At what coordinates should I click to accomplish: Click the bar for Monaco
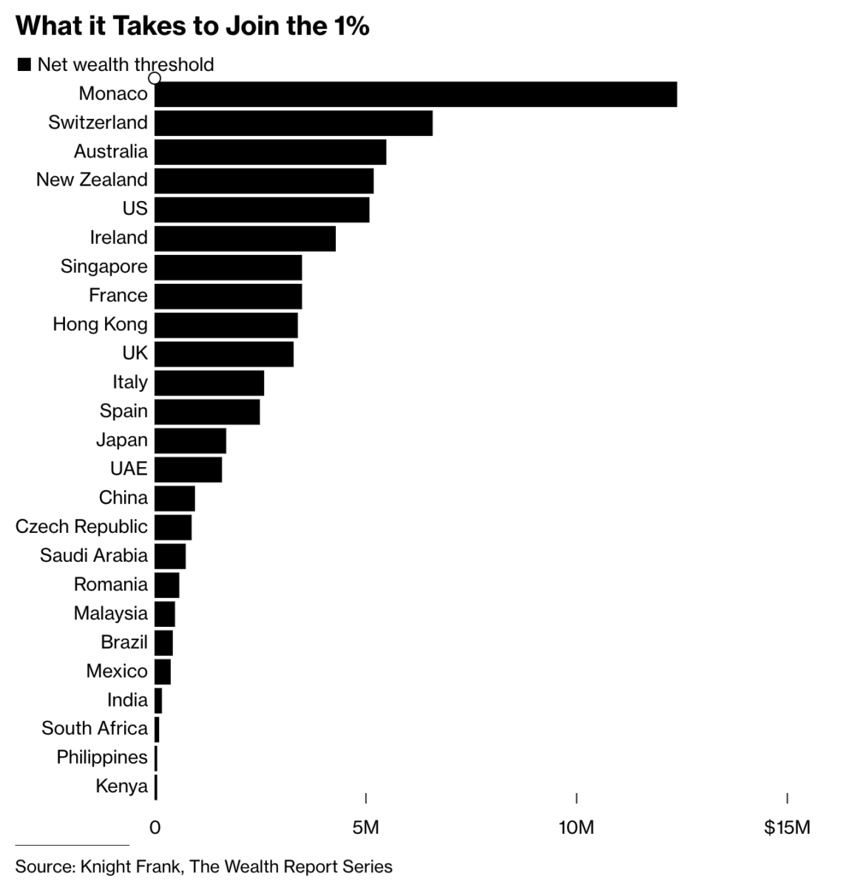pyautogui.click(x=416, y=94)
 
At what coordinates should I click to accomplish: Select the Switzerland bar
pyautogui.click(x=294, y=123)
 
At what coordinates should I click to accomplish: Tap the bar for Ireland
pyautogui.click(x=245, y=238)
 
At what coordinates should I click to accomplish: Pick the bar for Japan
pyautogui.click(x=190, y=441)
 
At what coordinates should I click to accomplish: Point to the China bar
pyautogui.click(x=175, y=498)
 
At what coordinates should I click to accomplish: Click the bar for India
pyautogui.click(x=158, y=700)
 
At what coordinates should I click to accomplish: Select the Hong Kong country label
pyautogui.click(x=100, y=324)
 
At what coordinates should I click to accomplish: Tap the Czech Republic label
pyautogui.click(x=81, y=527)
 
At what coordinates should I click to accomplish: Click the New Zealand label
pyautogui.click(x=92, y=180)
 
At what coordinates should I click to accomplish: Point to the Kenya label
pyautogui.click(x=121, y=786)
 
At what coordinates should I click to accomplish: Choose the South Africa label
pyautogui.click(x=95, y=729)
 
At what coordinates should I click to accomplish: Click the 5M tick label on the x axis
pyautogui.click(x=365, y=827)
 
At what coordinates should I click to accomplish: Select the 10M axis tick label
pyautogui.click(x=576, y=827)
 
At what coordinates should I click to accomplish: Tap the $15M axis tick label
pyautogui.click(x=787, y=827)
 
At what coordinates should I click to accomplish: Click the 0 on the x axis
pyautogui.click(x=155, y=827)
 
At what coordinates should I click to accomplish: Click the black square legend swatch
pyautogui.click(x=24, y=65)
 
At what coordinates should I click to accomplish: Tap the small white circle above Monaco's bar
pyautogui.click(x=155, y=78)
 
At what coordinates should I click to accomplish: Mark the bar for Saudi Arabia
pyautogui.click(x=170, y=556)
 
